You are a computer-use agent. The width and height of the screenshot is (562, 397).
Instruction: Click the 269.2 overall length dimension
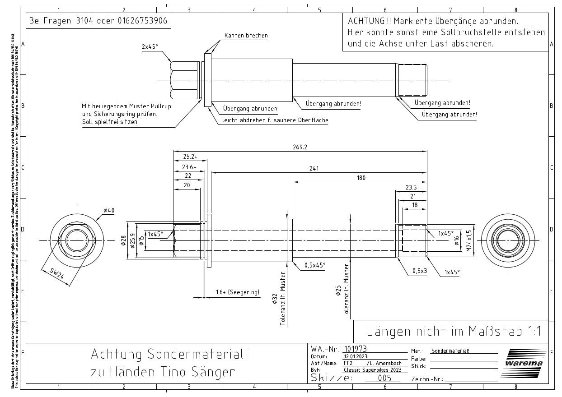300,147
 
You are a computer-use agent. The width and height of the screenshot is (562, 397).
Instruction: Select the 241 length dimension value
314,169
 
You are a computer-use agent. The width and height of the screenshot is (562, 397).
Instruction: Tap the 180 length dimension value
361,178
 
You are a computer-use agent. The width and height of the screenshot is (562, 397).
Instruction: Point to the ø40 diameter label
109,210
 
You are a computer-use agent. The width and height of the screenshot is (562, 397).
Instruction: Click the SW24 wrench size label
56,273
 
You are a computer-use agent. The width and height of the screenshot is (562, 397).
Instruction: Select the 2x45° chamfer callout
150,46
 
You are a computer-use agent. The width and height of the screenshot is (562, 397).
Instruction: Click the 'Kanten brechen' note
246,36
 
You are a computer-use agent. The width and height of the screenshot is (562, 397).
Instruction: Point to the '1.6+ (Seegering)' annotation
238,292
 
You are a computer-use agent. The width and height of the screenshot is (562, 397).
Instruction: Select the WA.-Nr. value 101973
355,349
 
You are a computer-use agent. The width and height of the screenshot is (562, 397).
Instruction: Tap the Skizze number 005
384,378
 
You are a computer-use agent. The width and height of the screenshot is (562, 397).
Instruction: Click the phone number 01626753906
142,21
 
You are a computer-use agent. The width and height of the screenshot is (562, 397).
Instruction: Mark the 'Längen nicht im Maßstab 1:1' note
454,331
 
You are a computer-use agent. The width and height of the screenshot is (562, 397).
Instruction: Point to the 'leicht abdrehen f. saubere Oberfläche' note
275,120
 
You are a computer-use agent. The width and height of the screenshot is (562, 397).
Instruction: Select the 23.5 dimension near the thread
411,187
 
